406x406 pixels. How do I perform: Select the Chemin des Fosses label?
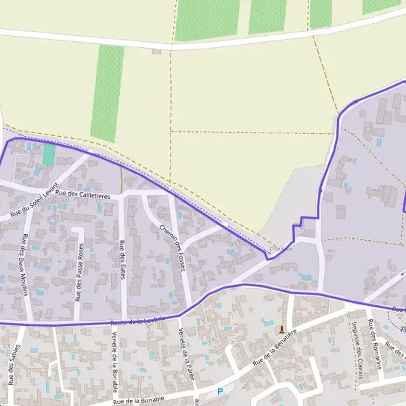(172, 247)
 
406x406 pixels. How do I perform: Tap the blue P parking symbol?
(219, 391)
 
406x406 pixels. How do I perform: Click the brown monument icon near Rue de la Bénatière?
(281, 330)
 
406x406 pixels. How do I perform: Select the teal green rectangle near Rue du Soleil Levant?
(49, 154)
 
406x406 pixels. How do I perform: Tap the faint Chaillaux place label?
(281, 249)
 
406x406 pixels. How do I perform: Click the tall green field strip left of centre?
(108, 92)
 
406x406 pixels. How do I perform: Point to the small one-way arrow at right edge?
(401, 330)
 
